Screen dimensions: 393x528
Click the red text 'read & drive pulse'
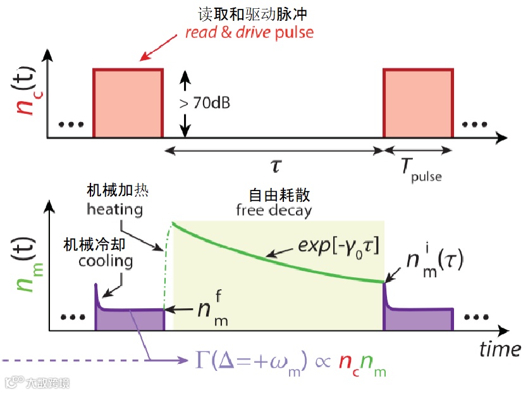pyautogui.click(x=249, y=32)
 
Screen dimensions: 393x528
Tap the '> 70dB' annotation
pyautogui.click(x=204, y=103)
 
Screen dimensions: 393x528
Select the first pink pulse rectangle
pyautogui.click(x=128, y=103)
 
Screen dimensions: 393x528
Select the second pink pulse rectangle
pyautogui.click(x=419, y=103)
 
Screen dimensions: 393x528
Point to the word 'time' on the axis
pyautogui.click(x=500, y=349)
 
